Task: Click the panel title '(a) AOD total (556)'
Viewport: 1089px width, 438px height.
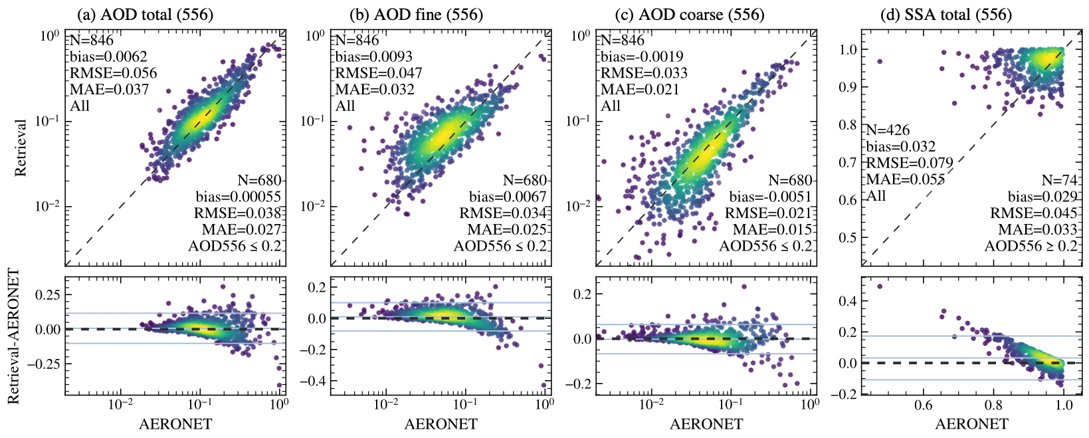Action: [145, 14]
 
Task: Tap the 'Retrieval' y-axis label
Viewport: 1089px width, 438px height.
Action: [21, 148]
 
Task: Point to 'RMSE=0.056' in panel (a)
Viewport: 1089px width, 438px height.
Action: [114, 73]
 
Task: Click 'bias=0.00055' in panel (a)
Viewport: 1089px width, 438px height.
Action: [238, 197]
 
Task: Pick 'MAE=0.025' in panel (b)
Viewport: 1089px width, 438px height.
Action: [506, 230]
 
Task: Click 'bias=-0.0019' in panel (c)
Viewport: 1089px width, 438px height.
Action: [642, 56]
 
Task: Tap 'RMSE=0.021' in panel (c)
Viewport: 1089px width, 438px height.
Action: [767, 213]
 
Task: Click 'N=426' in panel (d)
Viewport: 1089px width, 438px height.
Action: [888, 130]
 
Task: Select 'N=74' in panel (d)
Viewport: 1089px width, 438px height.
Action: [1059, 180]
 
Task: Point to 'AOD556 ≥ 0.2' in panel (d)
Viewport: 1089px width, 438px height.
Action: [1031, 247]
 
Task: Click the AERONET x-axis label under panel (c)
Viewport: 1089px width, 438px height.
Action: [706, 424]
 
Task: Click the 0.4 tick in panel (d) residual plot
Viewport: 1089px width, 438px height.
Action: [846, 301]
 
